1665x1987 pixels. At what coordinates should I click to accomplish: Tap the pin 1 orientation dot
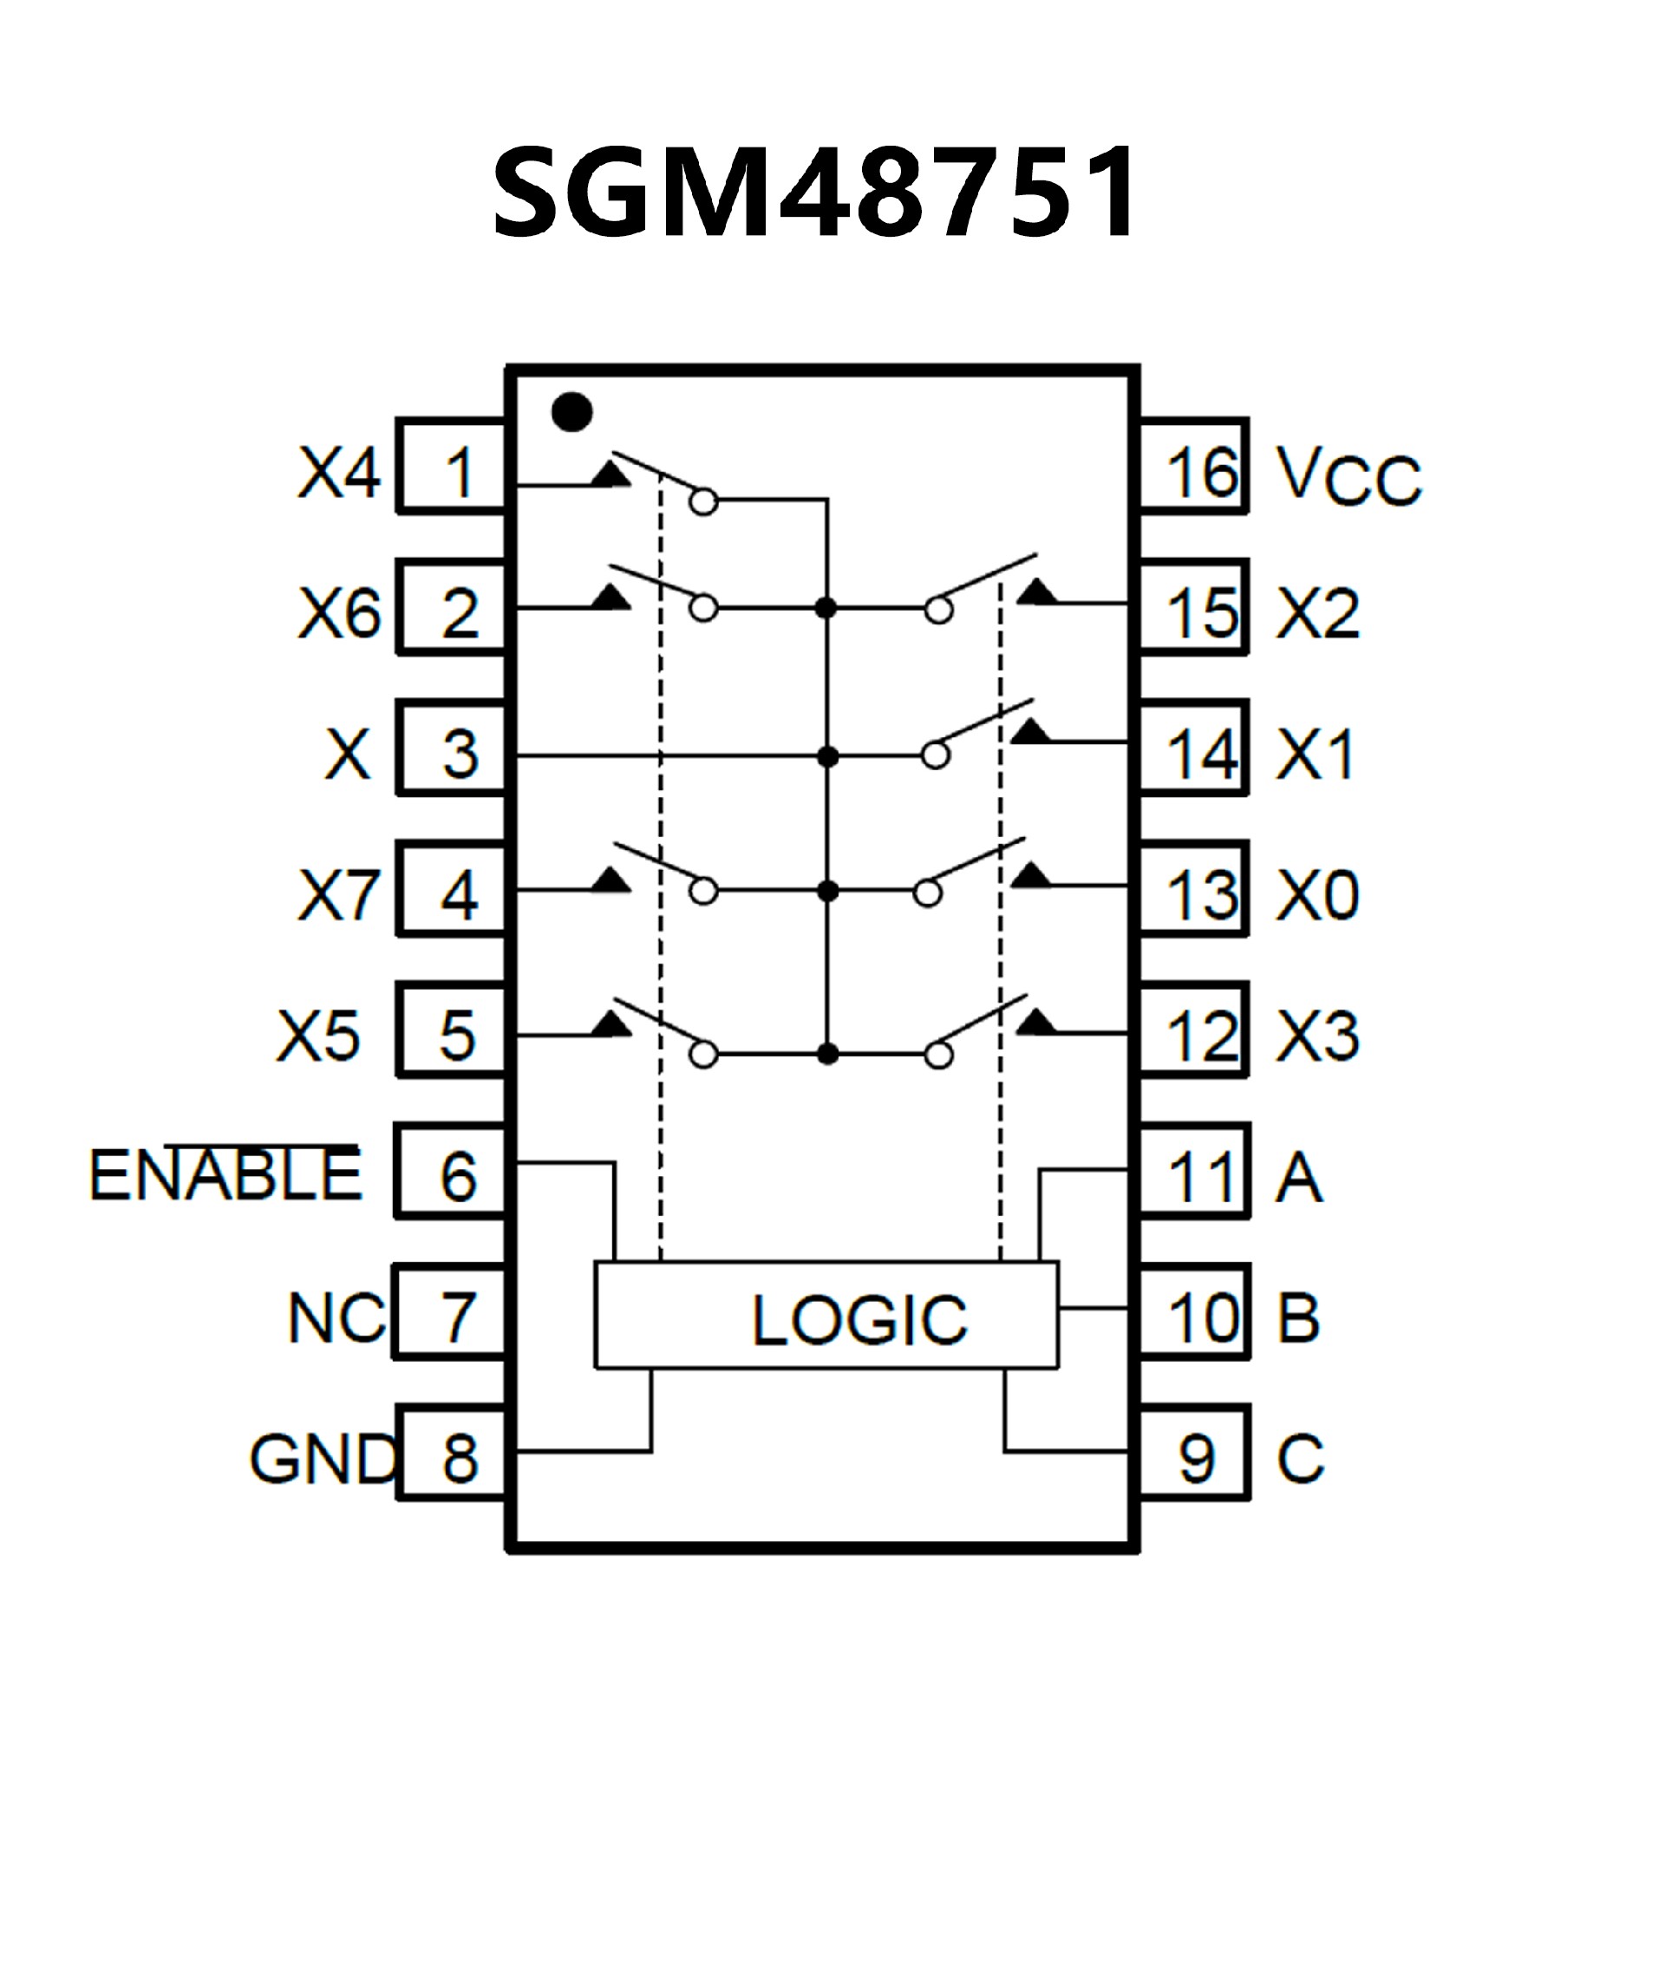click(572, 413)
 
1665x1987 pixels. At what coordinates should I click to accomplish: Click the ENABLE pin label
click(225, 1175)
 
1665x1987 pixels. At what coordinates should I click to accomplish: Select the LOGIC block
click(826, 1315)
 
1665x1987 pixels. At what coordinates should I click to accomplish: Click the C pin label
click(1300, 1458)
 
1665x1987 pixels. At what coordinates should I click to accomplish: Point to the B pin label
click(1298, 1317)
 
